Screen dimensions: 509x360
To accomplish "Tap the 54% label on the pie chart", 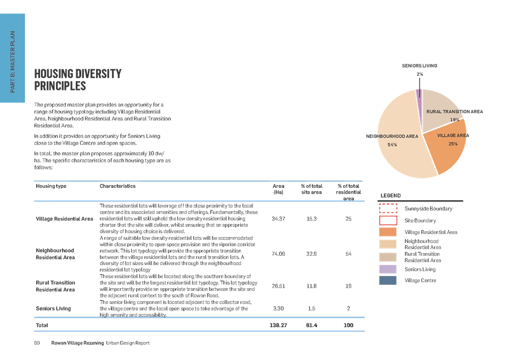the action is [x=392, y=144].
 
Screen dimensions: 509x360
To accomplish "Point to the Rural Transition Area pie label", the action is [x=455, y=111].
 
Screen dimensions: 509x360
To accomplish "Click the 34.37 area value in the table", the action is [x=278, y=218].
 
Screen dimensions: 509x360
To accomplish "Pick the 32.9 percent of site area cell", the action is [x=312, y=254].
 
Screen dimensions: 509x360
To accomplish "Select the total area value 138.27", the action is [x=278, y=325].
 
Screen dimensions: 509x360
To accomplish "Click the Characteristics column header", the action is [x=117, y=186].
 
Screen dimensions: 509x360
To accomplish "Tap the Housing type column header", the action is [x=51, y=186].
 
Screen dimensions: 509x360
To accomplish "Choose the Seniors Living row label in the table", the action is [x=53, y=308].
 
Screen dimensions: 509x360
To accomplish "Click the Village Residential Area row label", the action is [x=64, y=218].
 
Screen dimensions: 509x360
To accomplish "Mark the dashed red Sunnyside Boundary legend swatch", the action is [x=388, y=209].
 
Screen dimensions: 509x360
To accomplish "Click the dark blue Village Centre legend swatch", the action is [x=388, y=280].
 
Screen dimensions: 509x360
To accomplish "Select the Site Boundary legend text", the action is [x=420, y=221].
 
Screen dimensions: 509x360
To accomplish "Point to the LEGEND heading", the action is [x=391, y=195].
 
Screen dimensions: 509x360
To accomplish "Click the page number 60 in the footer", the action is [x=37, y=343].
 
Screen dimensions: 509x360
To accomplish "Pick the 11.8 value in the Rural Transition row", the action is [x=312, y=286].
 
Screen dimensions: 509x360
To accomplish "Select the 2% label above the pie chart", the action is [x=420, y=74].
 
